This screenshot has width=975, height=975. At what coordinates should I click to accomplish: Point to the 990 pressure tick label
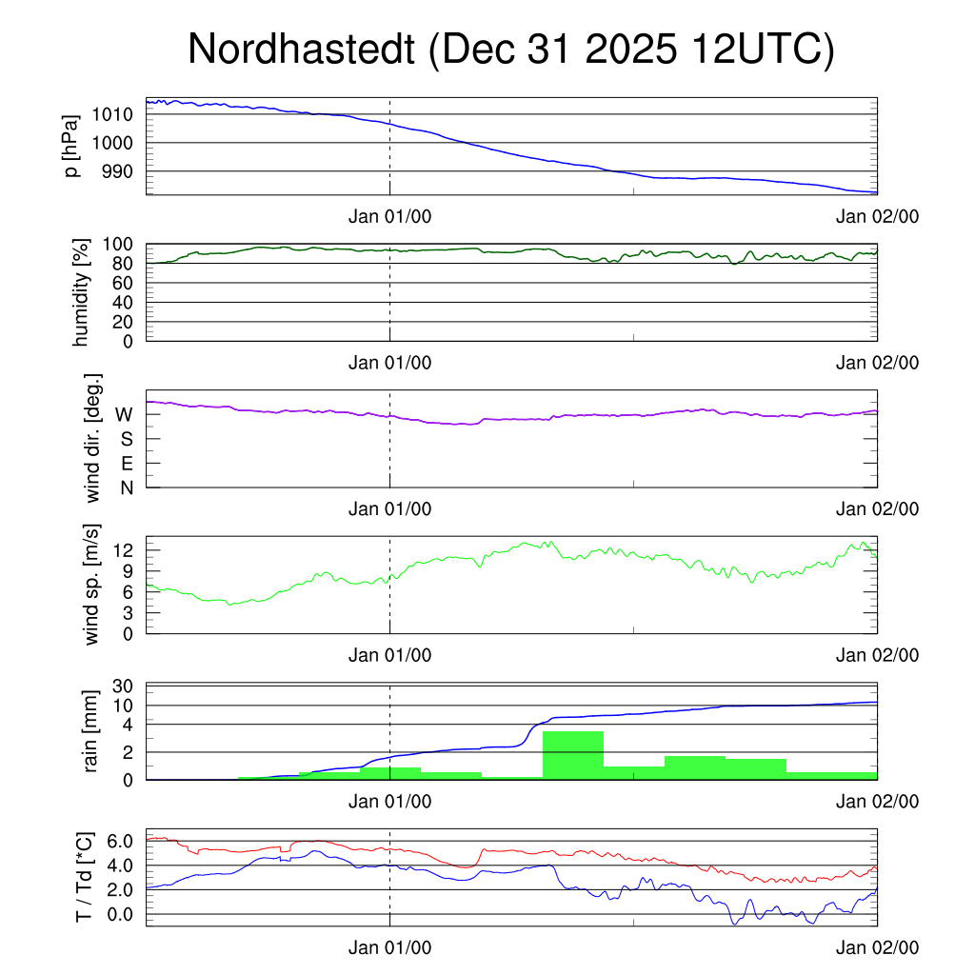pos(118,171)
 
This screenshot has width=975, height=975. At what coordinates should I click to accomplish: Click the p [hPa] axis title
pos(71,146)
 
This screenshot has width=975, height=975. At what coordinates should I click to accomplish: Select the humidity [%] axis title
pos(82,291)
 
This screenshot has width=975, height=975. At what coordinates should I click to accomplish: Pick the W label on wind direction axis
pos(124,414)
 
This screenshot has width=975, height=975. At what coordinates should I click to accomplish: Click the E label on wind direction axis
pos(126,464)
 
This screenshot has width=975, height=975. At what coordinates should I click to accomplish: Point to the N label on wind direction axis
pos(126,487)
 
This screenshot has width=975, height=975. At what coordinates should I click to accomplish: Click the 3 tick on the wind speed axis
pos(128,611)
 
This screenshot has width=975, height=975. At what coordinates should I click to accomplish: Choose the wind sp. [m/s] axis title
pos(93,588)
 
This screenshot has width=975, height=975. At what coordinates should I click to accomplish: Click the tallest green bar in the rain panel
pos(572,754)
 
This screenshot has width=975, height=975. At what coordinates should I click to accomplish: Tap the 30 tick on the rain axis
pos(123,686)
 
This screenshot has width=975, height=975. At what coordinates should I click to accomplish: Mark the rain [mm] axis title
pos(93,733)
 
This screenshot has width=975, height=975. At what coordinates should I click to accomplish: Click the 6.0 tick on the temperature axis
pos(118,842)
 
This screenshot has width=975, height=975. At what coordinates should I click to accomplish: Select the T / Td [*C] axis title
pos(84,876)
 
